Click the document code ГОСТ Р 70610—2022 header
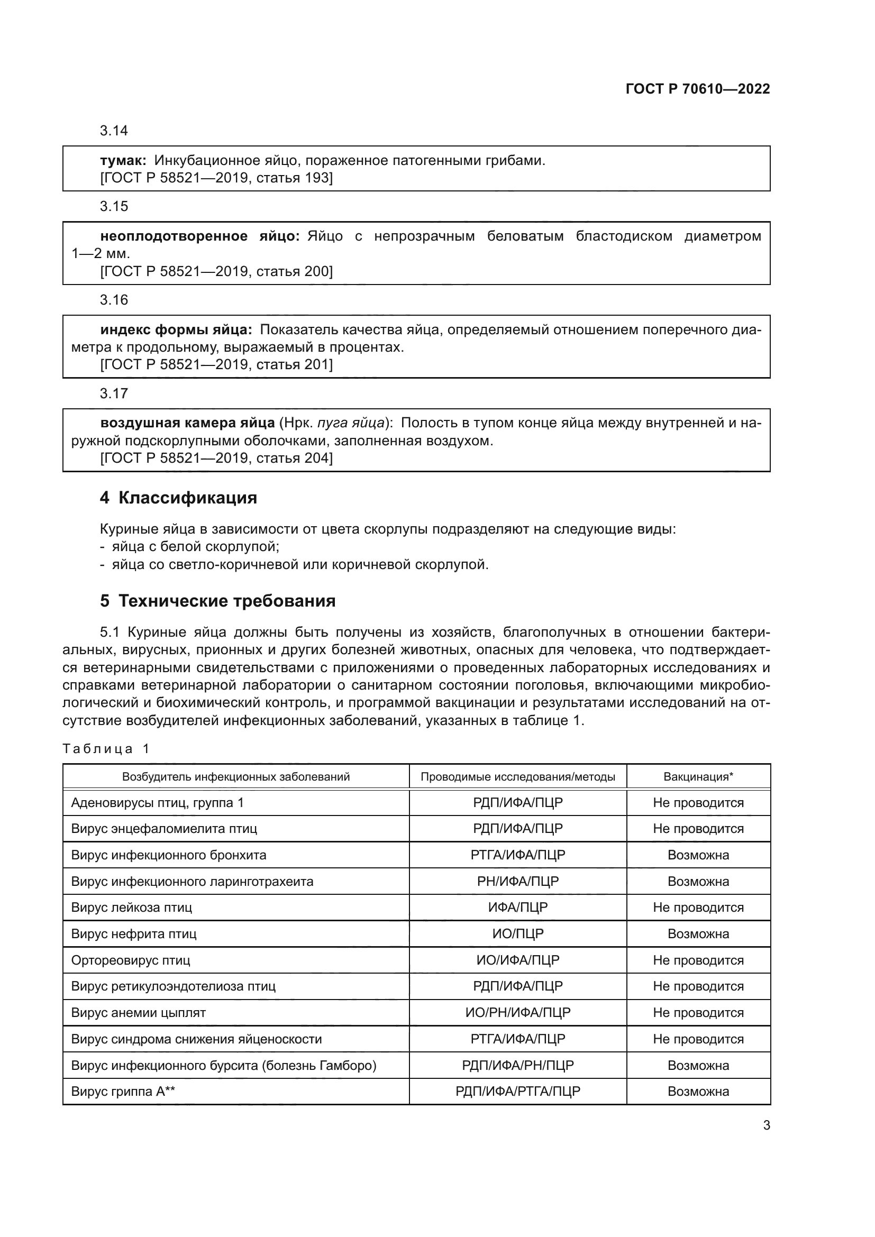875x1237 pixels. pyautogui.click(x=697, y=89)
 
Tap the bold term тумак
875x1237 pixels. pyautogui.click(x=123, y=161)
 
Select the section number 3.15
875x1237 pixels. pyautogui.click(x=114, y=206)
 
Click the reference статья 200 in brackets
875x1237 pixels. pyautogui.click(x=293, y=271)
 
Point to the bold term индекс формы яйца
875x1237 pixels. pyautogui.click(x=176, y=329)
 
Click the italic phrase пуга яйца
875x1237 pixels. pyautogui.click(x=351, y=423)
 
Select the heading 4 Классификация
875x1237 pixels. pyautogui.click(x=178, y=498)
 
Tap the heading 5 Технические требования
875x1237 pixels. pyautogui.click(x=217, y=601)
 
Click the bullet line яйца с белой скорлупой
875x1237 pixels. pyautogui.click(x=195, y=547)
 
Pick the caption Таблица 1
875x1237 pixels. pyautogui.click(x=106, y=748)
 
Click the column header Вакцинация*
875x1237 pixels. pyautogui.click(x=698, y=776)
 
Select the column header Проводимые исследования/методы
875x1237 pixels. pyautogui.click(x=517, y=776)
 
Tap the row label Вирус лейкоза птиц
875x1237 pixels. pyautogui.click(x=132, y=908)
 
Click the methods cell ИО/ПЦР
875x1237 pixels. pyautogui.click(x=517, y=933)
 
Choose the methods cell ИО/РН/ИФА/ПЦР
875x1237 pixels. pyautogui.click(x=517, y=1012)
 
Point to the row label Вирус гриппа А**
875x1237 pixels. pyautogui.click(x=123, y=1091)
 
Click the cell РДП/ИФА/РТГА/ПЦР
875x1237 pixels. pyautogui.click(x=517, y=1091)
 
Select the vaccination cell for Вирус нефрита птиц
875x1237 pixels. pyautogui.click(x=698, y=933)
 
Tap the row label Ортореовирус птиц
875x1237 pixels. pyautogui.click(x=130, y=960)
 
